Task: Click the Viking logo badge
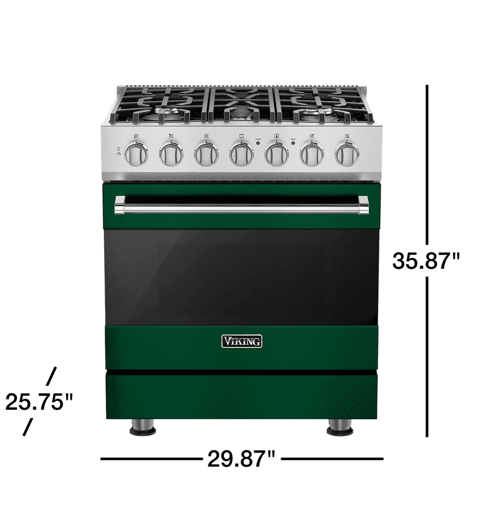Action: pyautogui.click(x=241, y=341)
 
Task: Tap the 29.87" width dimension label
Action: pyautogui.click(x=241, y=459)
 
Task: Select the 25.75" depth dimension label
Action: pyautogui.click(x=39, y=402)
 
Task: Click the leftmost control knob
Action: pyautogui.click(x=136, y=154)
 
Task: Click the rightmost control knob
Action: pyautogui.click(x=347, y=154)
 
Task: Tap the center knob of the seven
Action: pyautogui.click(x=241, y=154)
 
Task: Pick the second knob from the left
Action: pyautogui.click(x=171, y=154)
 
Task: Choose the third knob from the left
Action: pyautogui.click(x=206, y=154)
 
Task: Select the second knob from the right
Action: pyautogui.click(x=312, y=154)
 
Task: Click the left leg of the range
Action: pyautogui.click(x=143, y=427)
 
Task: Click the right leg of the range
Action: pyautogui.click(x=340, y=427)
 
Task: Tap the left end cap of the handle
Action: pyautogui.click(x=119, y=205)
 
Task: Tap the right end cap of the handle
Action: pyautogui.click(x=364, y=205)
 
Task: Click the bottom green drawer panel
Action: pyautogui.click(x=241, y=396)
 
